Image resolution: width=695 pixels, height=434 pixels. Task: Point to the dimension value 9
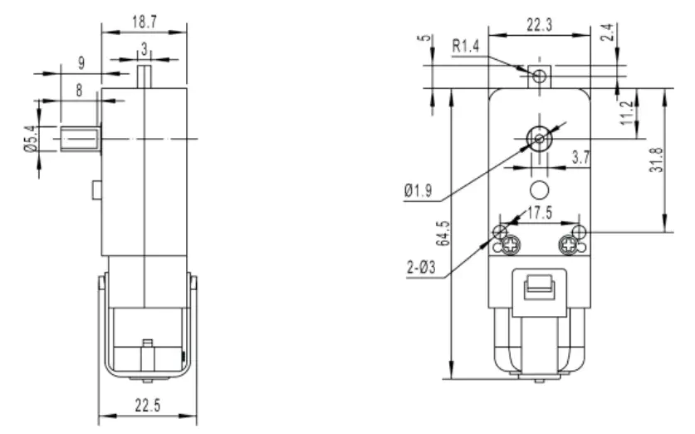(80, 62)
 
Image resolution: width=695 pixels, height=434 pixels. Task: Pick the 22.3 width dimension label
(541, 26)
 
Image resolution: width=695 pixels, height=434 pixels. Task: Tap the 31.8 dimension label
(678, 157)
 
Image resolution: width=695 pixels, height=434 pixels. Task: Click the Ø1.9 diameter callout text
(418, 190)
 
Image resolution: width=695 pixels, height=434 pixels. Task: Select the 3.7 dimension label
(580, 155)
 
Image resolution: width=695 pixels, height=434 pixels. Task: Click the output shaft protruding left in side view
(80, 138)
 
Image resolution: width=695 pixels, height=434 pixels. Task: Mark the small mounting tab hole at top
(539, 76)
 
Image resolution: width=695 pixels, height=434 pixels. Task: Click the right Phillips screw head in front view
(569, 244)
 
